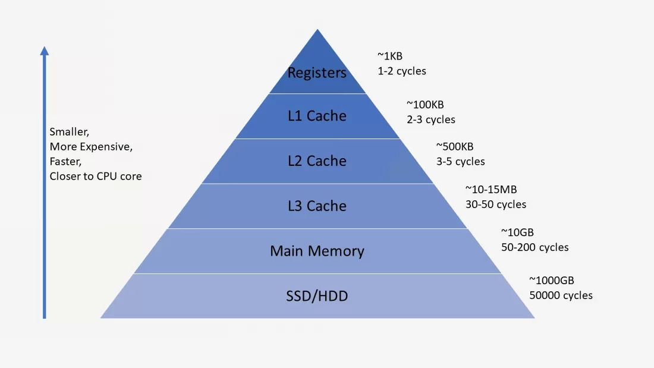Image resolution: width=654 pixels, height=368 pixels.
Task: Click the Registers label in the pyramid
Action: click(317, 73)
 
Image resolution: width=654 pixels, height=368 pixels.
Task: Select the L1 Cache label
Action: click(317, 115)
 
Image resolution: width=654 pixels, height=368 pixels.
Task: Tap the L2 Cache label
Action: click(317, 161)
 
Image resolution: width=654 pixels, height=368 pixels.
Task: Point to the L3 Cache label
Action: click(317, 206)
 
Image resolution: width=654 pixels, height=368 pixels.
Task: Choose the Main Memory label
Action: click(317, 251)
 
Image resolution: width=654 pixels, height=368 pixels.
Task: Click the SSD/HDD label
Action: click(317, 296)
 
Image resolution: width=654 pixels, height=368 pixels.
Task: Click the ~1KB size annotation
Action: click(390, 56)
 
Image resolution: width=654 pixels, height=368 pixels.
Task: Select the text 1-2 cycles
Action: click(402, 71)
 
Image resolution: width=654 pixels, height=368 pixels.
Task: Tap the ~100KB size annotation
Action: click(425, 104)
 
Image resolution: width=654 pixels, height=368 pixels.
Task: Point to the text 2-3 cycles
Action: click(431, 119)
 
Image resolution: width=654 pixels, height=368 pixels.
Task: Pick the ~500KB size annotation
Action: click(455, 146)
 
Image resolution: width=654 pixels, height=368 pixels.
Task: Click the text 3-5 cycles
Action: click(460, 162)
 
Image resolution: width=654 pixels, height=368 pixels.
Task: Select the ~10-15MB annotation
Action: click(491, 190)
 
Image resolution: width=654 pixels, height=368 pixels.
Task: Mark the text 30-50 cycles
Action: click(496, 205)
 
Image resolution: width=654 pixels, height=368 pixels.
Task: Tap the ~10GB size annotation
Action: click(517, 232)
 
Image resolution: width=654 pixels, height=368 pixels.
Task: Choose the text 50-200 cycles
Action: click(534, 247)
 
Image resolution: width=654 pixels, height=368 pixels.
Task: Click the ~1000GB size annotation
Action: click(551, 281)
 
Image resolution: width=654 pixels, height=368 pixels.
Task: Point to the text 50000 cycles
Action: click(561, 295)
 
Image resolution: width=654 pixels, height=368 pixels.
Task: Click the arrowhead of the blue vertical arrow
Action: click(44, 51)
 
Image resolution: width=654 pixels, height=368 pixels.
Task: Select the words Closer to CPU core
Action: click(96, 176)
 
